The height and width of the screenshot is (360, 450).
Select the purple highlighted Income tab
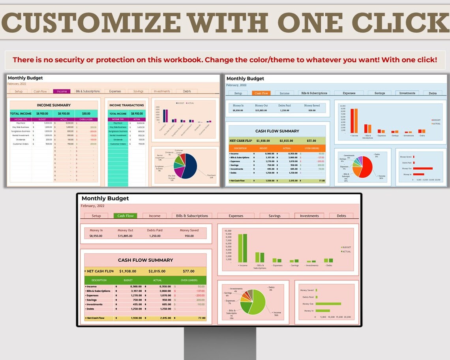[62, 91]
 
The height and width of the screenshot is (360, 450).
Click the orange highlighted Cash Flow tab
[261, 93]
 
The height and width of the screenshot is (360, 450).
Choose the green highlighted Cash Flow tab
[126, 216]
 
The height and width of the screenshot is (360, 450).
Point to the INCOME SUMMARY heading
[54, 105]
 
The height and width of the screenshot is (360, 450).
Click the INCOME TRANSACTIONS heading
[126, 105]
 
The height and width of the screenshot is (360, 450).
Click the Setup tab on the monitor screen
[96, 216]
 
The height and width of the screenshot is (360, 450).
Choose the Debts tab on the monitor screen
[341, 216]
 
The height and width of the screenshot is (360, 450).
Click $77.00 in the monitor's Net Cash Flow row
[188, 271]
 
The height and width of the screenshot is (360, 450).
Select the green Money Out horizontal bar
[328, 304]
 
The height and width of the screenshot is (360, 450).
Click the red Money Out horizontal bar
[423, 168]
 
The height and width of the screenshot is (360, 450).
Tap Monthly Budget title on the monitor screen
[105, 199]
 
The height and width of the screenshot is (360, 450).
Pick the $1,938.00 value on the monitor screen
[127, 271]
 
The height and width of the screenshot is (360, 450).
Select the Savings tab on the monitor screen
[274, 216]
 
